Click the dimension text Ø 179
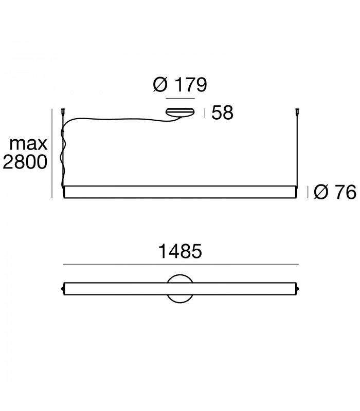click(180, 84)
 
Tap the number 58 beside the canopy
click(222, 113)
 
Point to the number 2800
click(25, 162)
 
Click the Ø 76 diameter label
click(334, 192)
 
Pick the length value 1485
click(179, 252)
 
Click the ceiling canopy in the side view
click(179, 111)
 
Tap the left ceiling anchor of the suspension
click(64, 111)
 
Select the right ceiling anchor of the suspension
click(297, 111)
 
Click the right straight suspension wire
click(297, 149)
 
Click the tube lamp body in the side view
click(180, 192)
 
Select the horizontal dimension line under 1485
click(180, 264)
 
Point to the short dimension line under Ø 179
click(179, 98)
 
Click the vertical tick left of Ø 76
click(308, 192)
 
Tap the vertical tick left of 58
click(205, 113)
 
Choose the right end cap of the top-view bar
click(297, 288)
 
